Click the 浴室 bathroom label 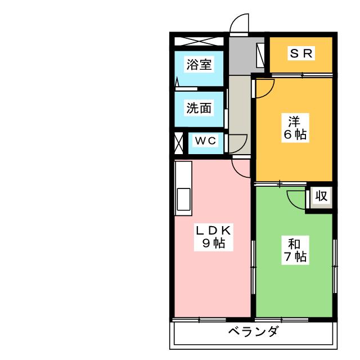coord(200,64)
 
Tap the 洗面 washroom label coord(200,108)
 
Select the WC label coord(205,141)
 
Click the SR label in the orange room coord(301,53)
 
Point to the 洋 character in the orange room coord(295,121)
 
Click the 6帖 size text coord(295,135)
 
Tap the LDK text coord(214,230)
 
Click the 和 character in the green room coord(294,244)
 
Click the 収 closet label coord(321,197)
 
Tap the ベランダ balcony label coord(253,331)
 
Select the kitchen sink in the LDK coord(184,199)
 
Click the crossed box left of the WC coord(179,143)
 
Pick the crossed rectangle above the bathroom coord(199,42)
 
